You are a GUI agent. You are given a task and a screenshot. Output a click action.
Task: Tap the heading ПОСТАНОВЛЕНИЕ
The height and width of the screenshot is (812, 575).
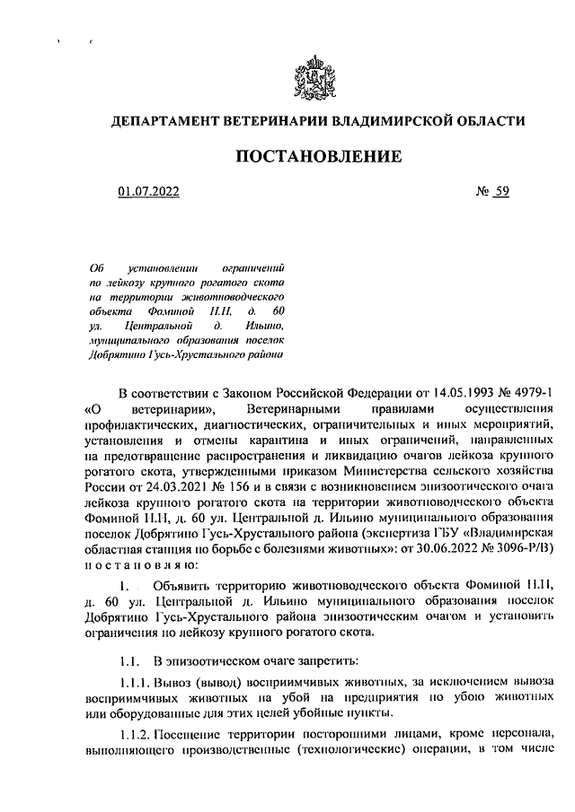pyautogui.click(x=317, y=157)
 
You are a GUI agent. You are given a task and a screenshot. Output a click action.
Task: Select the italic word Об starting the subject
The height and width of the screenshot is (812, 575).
pyautogui.click(x=99, y=267)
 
